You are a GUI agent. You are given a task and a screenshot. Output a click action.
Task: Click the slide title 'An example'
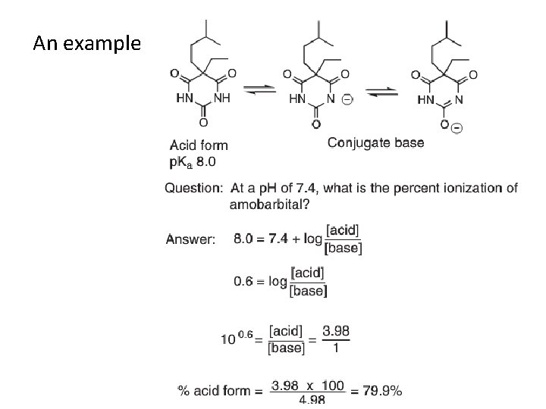click(86, 43)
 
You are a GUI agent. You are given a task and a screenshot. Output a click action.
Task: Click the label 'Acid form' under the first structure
click(199, 145)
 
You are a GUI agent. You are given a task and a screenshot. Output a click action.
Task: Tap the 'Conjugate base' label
click(375, 142)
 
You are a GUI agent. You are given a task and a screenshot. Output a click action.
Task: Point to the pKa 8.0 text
click(193, 161)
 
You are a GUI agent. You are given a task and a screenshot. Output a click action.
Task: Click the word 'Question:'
click(193, 188)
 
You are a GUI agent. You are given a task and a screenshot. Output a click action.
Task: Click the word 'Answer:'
click(191, 239)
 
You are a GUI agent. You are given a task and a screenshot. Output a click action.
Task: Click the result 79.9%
click(381, 391)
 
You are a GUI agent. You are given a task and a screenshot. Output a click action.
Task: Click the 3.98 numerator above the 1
click(336, 331)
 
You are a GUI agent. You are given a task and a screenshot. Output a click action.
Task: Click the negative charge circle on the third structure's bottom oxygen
click(457, 128)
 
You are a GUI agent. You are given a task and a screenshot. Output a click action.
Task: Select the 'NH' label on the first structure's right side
click(222, 98)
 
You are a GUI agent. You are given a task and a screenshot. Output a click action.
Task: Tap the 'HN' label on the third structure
click(427, 99)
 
